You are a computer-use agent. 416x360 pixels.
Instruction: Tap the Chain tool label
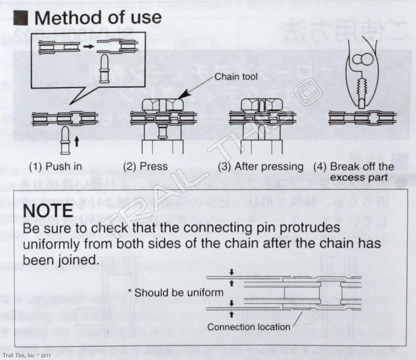tap(236, 76)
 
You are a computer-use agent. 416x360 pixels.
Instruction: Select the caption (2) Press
tap(146, 167)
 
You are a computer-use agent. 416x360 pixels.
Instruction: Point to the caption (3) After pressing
tap(261, 167)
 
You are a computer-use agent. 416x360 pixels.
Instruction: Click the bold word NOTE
tap(48, 211)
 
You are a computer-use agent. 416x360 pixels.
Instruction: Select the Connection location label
tap(249, 327)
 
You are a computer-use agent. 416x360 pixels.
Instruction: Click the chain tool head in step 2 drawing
tap(162, 105)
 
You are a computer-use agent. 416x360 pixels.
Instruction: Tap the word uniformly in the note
tap(55, 244)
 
